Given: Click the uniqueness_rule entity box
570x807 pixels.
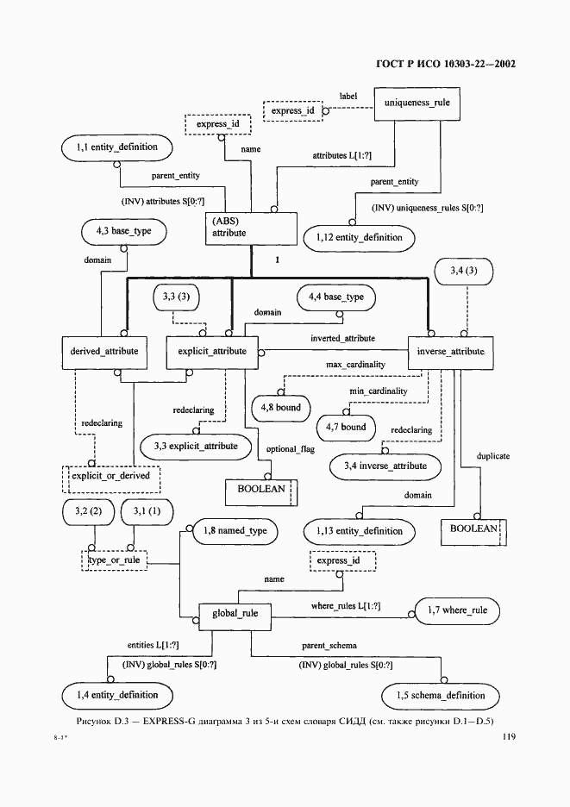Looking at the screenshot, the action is click(x=417, y=104).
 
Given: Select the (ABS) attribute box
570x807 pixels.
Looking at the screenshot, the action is click(x=251, y=228).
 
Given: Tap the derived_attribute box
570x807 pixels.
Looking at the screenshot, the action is click(x=104, y=353).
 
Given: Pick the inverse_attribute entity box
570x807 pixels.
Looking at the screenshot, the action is click(x=450, y=353).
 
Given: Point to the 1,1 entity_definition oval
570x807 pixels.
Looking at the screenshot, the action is click(x=117, y=148).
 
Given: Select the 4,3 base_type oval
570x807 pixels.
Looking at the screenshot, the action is click(x=123, y=232).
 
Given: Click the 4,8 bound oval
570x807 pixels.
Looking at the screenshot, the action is click(x=280, y=409).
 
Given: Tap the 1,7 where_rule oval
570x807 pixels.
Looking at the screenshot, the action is click(x=457, y=611).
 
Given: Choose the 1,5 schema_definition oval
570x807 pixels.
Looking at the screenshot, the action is click(x=441, y=697).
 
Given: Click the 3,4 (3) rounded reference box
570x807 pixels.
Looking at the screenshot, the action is click(x=464, y=272).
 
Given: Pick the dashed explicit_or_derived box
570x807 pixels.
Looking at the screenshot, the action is click(x=110, y=479).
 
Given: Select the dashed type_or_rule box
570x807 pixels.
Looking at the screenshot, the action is click(x=115, y=560).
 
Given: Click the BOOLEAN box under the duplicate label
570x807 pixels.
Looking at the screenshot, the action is click(x=473, y=532).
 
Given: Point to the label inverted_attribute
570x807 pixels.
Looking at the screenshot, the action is click(x=342, y=339).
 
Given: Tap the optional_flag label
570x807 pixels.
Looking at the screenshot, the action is click(x=291, y=449).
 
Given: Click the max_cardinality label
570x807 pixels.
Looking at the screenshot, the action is click(x=356, y=365).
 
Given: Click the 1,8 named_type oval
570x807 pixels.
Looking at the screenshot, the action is click(x=235, y=532).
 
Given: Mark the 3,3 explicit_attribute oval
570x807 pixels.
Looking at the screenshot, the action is click(x=196, y=447).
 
